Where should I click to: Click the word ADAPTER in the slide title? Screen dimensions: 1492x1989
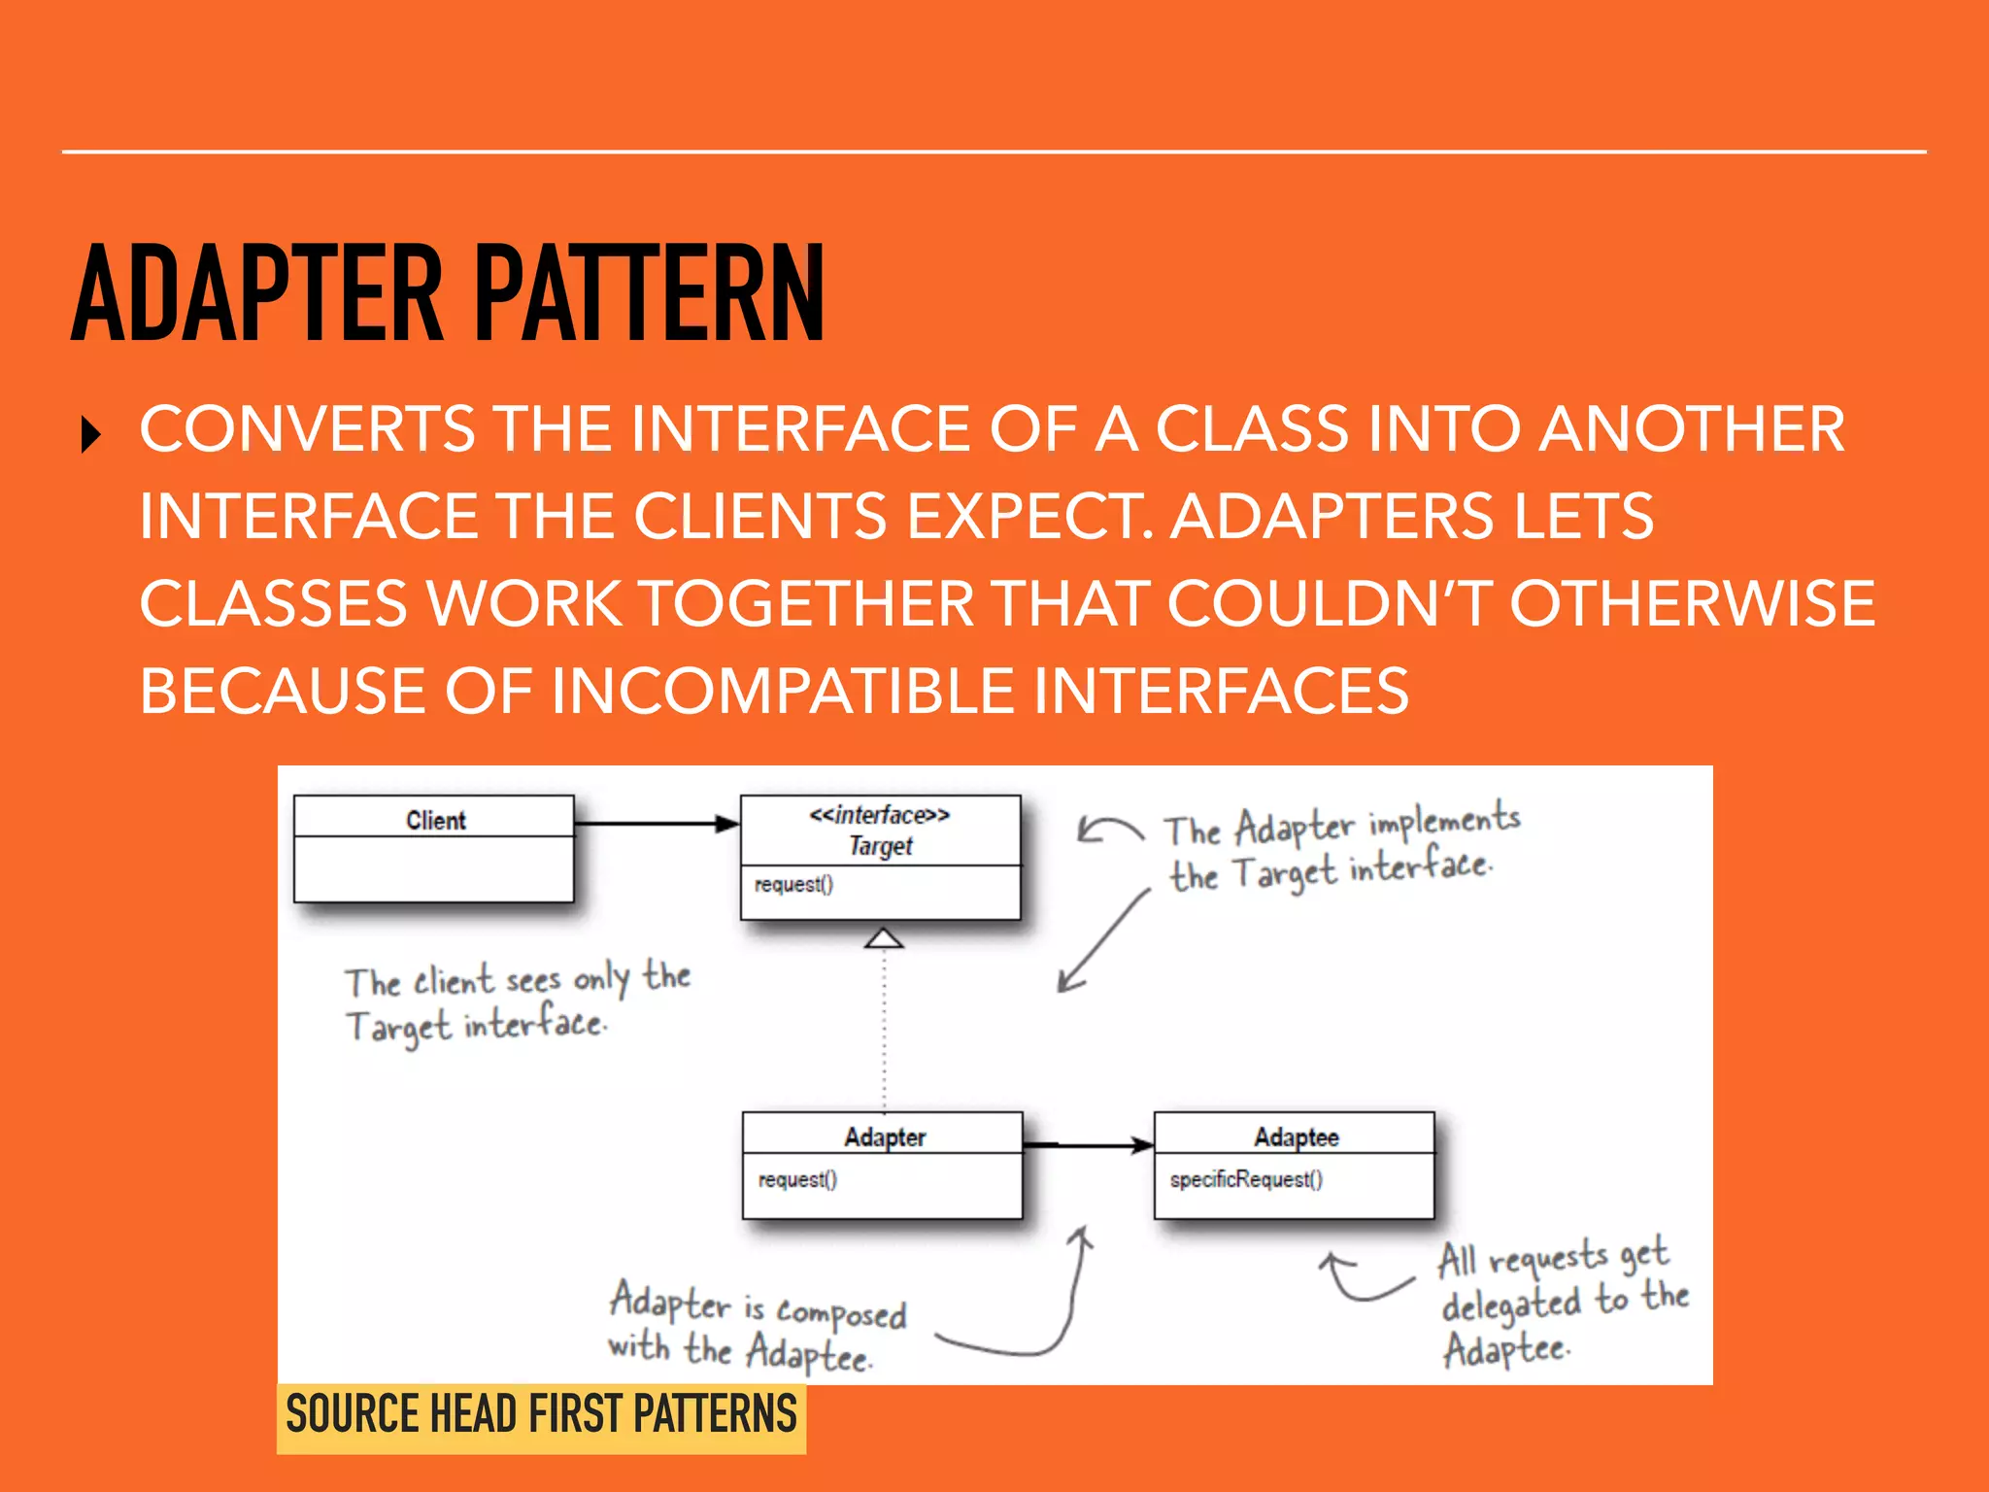pos(257,293)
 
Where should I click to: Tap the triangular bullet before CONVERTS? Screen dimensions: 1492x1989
pos(91,434)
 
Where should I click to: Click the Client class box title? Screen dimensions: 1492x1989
pos(435,820)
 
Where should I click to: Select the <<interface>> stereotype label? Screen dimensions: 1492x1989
pos(880,814)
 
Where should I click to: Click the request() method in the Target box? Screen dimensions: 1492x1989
pos(793,884)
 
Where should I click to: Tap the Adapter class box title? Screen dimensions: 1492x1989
pos(884,1136)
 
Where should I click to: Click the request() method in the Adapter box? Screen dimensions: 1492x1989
pos(797,1179)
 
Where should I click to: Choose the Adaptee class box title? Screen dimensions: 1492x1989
pos(1296,1136)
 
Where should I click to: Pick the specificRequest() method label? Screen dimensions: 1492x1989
pos(1245,1179)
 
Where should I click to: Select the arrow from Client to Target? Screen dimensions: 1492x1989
pos(657,824)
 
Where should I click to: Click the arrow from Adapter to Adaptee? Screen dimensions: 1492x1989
pos(1089,1145)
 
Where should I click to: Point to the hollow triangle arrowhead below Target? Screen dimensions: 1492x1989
pos(884,938)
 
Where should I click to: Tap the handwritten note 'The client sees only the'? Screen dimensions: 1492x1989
pos(518,979)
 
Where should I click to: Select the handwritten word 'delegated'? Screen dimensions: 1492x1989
pos(1511,1305)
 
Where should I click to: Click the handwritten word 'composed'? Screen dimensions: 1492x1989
pos(841,1313)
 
